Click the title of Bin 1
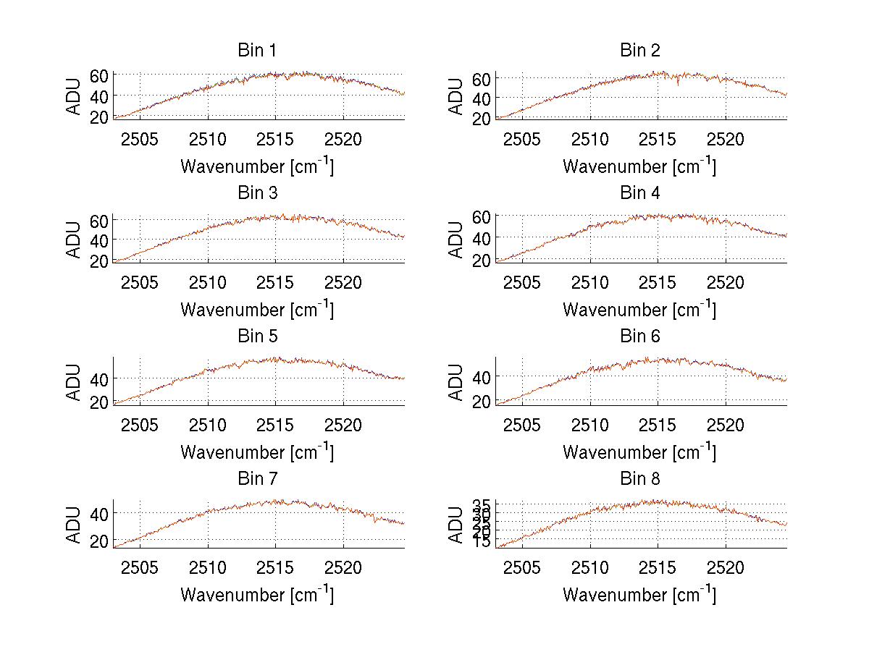pos(256,51)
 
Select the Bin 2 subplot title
pos(639,51)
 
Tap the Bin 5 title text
pos(256,336)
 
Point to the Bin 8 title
pos(639,479)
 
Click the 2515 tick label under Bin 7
pos(276,567)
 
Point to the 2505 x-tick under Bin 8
pos(522,567)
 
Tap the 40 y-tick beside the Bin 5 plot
pos(99,378)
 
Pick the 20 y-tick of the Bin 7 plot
pos(99,541)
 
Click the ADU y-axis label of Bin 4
pos(456,239)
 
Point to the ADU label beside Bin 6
pos(456,381)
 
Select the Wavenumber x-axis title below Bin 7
pos(256,594)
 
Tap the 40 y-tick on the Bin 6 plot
pos(482,376)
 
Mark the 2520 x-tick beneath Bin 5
pos(343,424)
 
